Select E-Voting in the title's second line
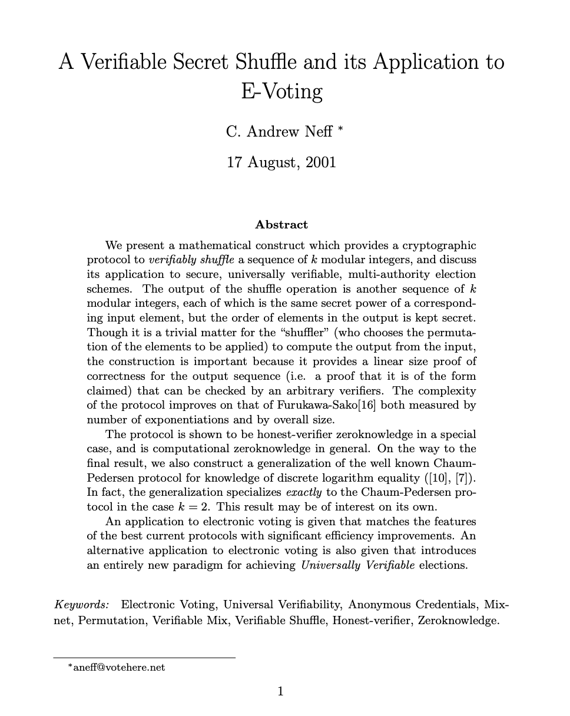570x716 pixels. coord(281,92)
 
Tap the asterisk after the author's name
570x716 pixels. coord(339,129)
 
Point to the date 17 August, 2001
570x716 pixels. coord(281,162)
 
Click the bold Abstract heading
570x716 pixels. coord(281,225)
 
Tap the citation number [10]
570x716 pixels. coord(435,478)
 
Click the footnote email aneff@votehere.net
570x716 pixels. coord(119,667)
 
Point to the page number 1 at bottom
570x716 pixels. coord(281,691)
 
